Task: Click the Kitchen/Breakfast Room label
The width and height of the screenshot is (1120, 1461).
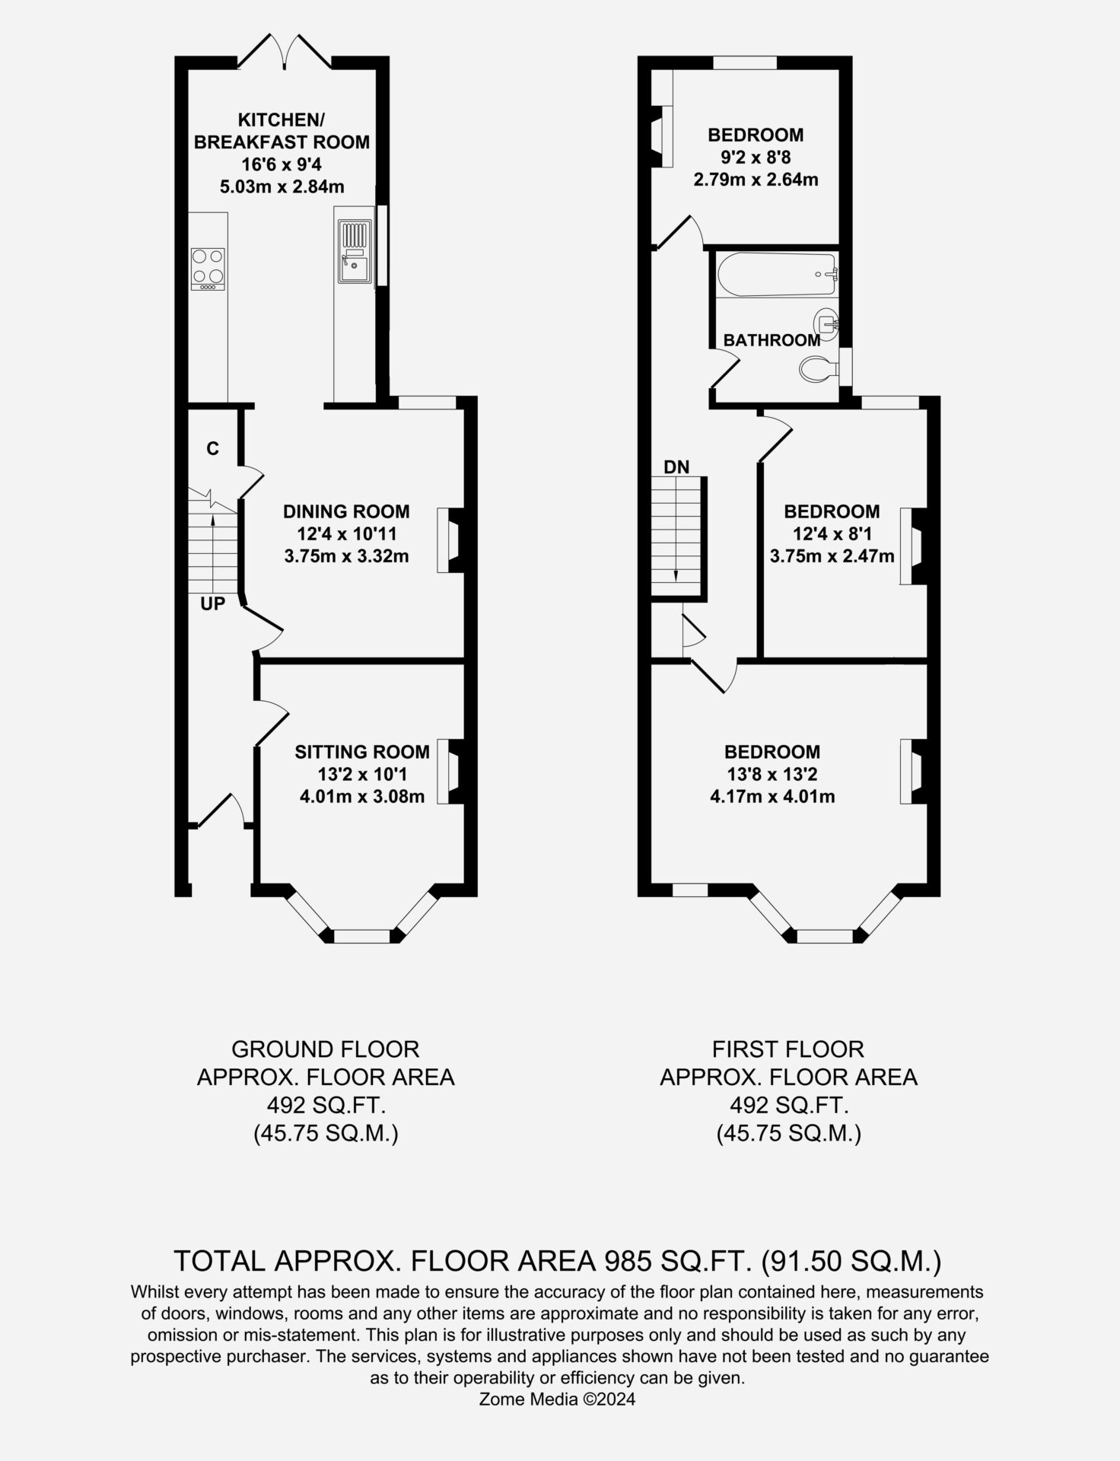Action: pos(282,131)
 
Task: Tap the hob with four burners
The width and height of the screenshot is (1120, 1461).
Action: pos(208,269)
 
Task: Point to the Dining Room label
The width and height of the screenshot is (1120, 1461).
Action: pos(346,511)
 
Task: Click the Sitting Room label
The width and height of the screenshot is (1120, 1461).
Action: pos(362,752)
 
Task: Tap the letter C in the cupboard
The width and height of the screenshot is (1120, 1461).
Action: pos(212,449)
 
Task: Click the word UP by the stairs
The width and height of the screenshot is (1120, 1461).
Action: pos(213,604)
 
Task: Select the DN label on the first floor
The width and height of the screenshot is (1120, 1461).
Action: pos(676,467)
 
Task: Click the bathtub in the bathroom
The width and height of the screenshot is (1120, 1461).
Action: pos(775,275)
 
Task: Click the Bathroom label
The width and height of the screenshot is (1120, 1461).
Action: pos(772,340)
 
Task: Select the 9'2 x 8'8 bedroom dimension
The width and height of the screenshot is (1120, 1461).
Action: pos(756,158)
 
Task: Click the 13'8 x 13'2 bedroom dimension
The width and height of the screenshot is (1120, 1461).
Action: pos(772,775)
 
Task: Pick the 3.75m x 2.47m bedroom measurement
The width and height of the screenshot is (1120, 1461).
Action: pos(832,556)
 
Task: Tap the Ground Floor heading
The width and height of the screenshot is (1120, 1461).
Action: pos(326,1049)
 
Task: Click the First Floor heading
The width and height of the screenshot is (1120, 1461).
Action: pos(788,1049)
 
